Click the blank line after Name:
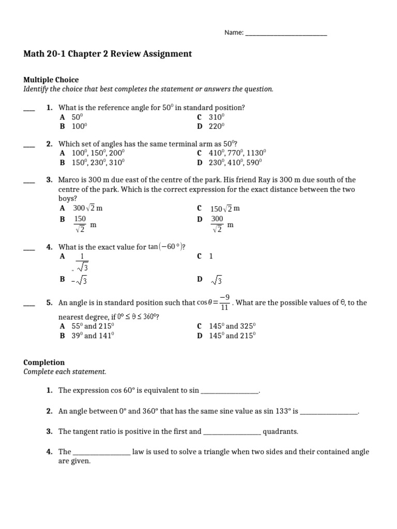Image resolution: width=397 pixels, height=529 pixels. point(286,34)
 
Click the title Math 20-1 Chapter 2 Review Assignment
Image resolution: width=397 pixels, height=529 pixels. point(108,54)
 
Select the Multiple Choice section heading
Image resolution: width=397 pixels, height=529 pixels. point(51,80)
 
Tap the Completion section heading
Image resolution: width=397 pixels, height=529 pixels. point(44,362)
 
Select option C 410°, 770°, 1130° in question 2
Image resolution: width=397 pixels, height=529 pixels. point(231,153)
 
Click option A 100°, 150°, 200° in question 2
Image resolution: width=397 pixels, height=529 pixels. point(93,153)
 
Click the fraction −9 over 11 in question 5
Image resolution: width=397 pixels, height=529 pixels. point(224,303)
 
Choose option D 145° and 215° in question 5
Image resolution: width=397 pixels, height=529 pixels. point(226,336)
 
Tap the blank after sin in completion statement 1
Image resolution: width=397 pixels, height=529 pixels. point(229,392)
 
